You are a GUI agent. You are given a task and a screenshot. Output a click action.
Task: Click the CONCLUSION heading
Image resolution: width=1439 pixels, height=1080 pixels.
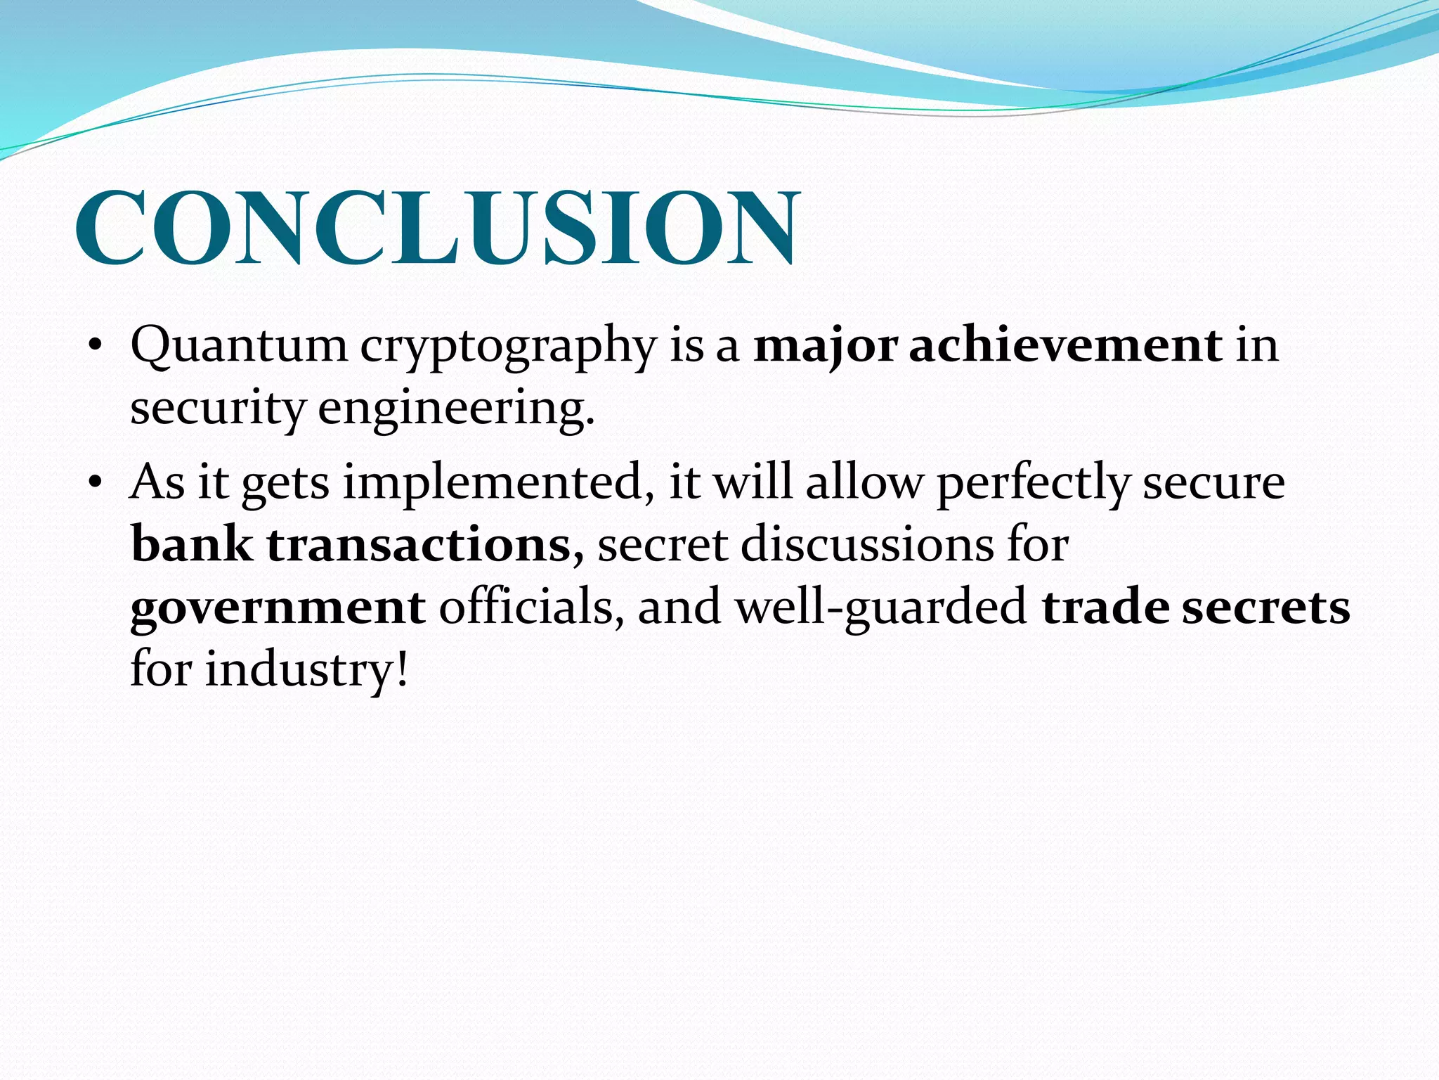(437, 228)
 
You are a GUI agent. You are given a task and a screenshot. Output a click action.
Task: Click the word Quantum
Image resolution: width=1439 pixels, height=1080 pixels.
(239, 346)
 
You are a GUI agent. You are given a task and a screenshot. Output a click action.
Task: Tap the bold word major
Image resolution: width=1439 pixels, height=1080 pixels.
(826, 347)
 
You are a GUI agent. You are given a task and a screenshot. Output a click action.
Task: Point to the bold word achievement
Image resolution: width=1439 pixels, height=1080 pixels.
(1065, 345)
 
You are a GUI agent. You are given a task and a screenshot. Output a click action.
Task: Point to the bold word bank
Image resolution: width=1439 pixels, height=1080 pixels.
(192, 544)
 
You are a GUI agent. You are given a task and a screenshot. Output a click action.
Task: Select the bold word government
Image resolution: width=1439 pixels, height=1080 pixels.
(278, 607)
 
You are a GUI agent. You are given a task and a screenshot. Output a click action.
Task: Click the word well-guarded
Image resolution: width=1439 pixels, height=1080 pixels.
(881, 607)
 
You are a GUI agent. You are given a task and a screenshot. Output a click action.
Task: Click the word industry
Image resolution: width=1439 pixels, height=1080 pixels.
(306, 669)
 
